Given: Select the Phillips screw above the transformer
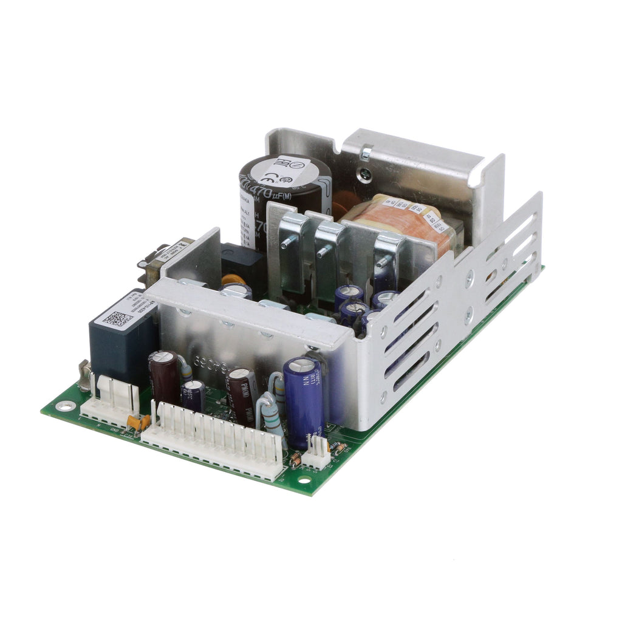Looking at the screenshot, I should [x=366, y=155].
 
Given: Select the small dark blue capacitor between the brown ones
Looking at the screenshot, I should [x=194, y=395].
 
